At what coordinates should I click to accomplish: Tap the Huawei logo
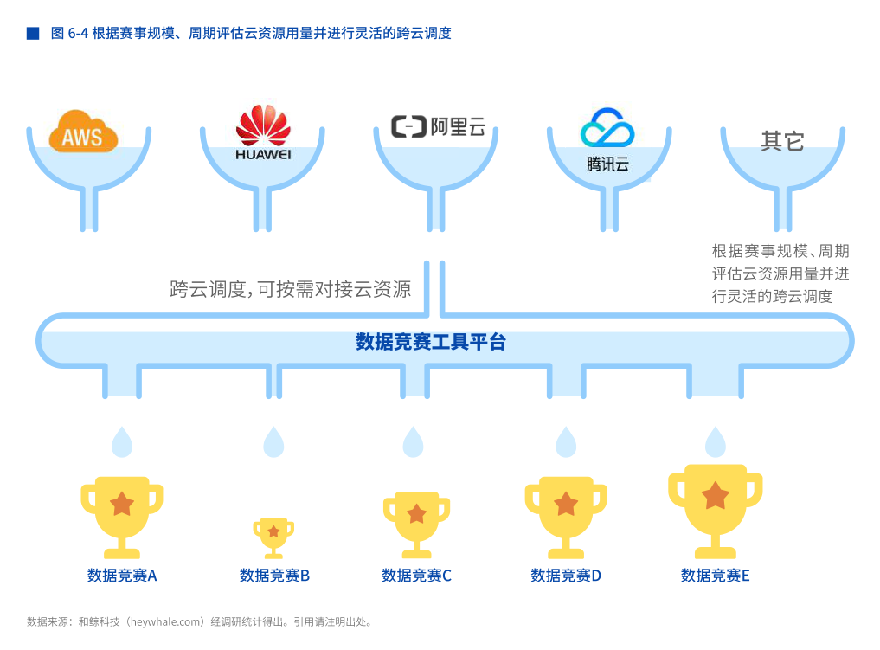[263, 131]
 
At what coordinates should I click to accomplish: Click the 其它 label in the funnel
[782, 141]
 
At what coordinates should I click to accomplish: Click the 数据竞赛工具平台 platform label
[431, 342]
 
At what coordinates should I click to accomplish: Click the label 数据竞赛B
[274, 576]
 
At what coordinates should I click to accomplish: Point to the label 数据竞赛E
[715, 576]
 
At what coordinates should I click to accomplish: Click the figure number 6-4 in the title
[79, 34]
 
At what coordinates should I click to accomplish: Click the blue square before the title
[33, 34]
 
